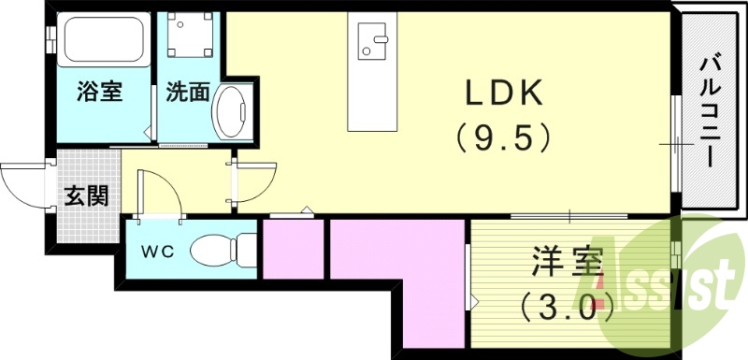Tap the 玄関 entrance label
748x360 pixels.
coord(85,196)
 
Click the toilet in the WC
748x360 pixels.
coord(223,250)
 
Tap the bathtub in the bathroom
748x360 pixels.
coord(102,42)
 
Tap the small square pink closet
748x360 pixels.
coord(292,250)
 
